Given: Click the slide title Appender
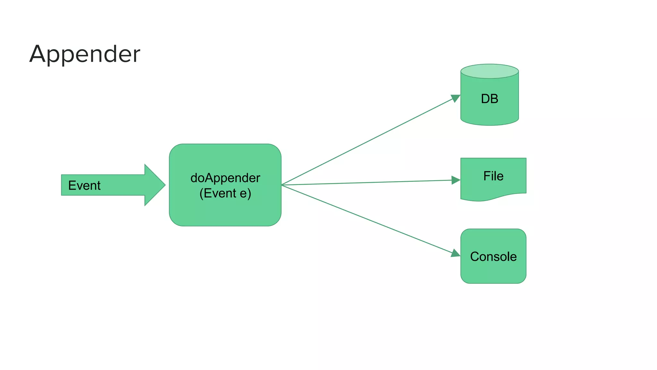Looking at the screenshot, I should (85, 54).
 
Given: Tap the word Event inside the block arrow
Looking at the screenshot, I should (84, 185).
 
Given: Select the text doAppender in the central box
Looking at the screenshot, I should (225, 178).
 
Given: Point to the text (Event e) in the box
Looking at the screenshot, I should (225, 193).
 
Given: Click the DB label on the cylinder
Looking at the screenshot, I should (490, 99).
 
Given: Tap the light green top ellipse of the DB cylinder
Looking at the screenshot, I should (490, 71).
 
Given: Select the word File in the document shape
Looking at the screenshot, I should (493, 176).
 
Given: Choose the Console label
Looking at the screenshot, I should (493, 257).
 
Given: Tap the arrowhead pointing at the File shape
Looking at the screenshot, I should (456, 180).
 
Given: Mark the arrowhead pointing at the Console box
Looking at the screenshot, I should (456, 253).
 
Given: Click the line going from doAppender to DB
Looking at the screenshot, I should (369, 141).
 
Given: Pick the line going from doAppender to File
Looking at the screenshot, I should (369, 182).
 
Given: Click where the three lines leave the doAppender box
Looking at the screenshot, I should (282, 185).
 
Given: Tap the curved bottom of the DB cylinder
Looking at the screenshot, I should (490, 125).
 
